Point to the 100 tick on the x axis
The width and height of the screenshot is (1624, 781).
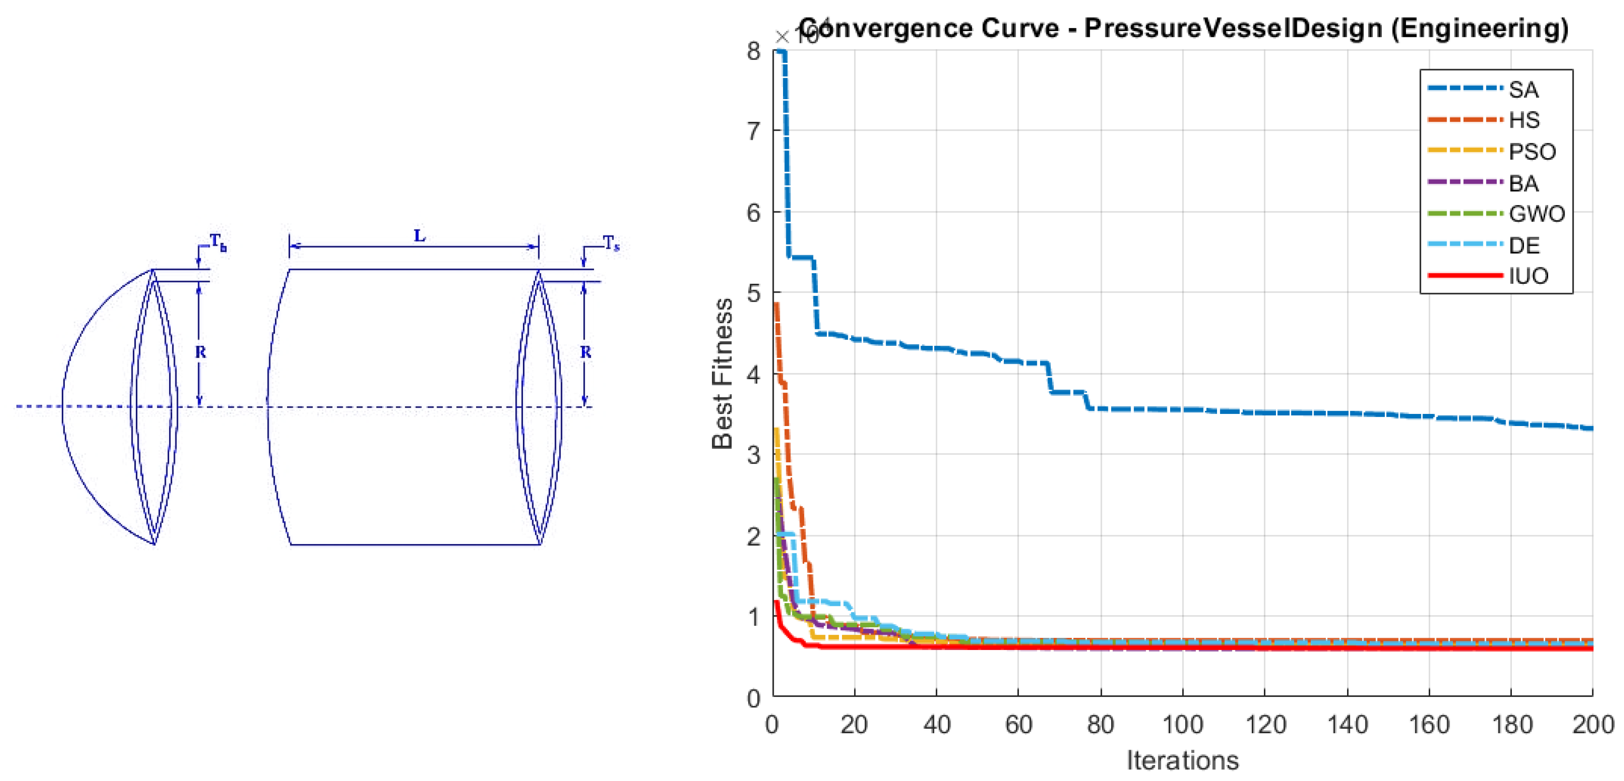[1182, 724]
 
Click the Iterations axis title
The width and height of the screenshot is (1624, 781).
[1182, 760]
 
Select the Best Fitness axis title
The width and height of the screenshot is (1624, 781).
[723, 373]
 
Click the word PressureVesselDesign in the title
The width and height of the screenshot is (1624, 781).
[1232, 29]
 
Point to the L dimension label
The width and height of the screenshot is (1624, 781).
[419, 236]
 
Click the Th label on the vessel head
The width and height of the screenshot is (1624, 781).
[218, 242]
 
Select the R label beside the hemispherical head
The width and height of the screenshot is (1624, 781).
[201, 352]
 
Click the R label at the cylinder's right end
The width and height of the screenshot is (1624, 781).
[586, 352]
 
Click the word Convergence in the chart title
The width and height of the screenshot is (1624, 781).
[929, 29]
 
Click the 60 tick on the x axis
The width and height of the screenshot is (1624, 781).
[1018, 724]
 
